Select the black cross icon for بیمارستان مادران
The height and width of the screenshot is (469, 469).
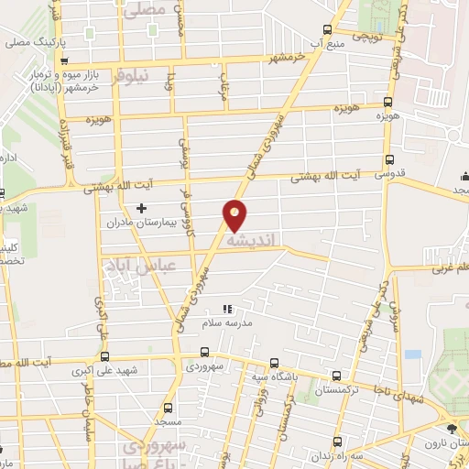[140, 208]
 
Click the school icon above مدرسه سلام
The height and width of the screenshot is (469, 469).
[227, 309]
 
